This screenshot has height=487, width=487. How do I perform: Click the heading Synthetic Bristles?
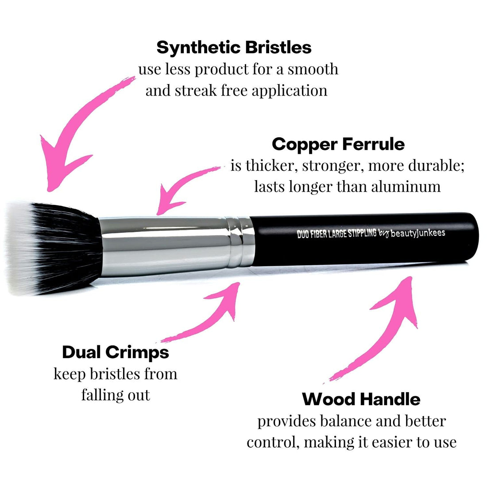point(234,47)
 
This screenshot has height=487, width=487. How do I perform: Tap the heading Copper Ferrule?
point(338,144)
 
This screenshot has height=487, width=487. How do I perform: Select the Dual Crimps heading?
point(116,352)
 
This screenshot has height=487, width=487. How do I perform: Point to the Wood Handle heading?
point(361,399)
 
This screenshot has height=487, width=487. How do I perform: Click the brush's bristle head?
point(51,248)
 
